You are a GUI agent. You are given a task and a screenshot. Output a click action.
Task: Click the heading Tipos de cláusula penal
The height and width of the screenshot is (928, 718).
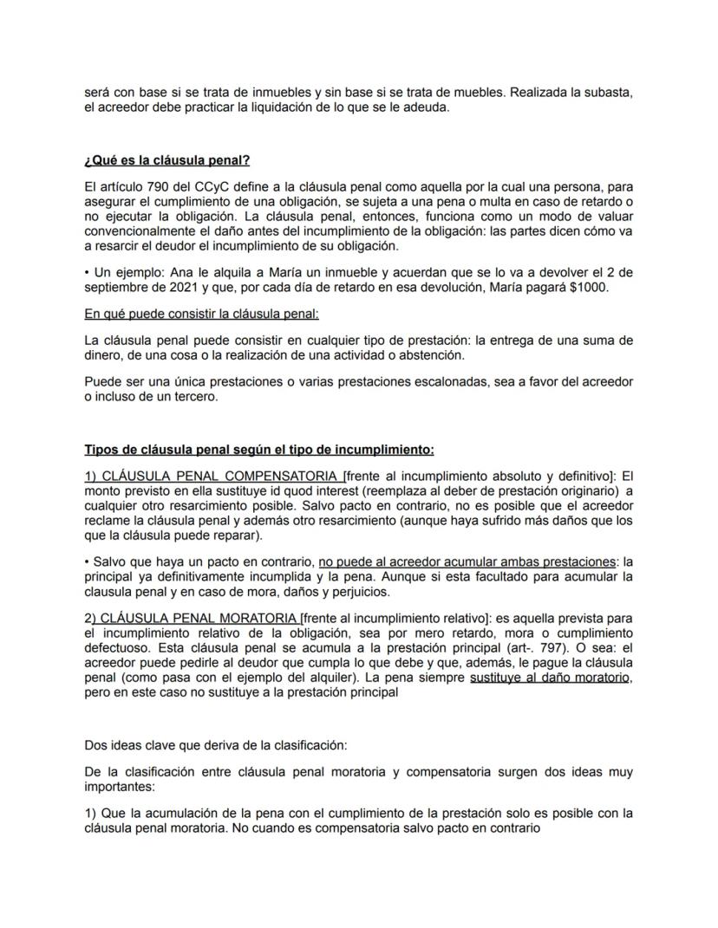(x=258, y=450)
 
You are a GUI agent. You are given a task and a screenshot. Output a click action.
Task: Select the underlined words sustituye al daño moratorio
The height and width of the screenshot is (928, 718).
(x=550, y=678)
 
